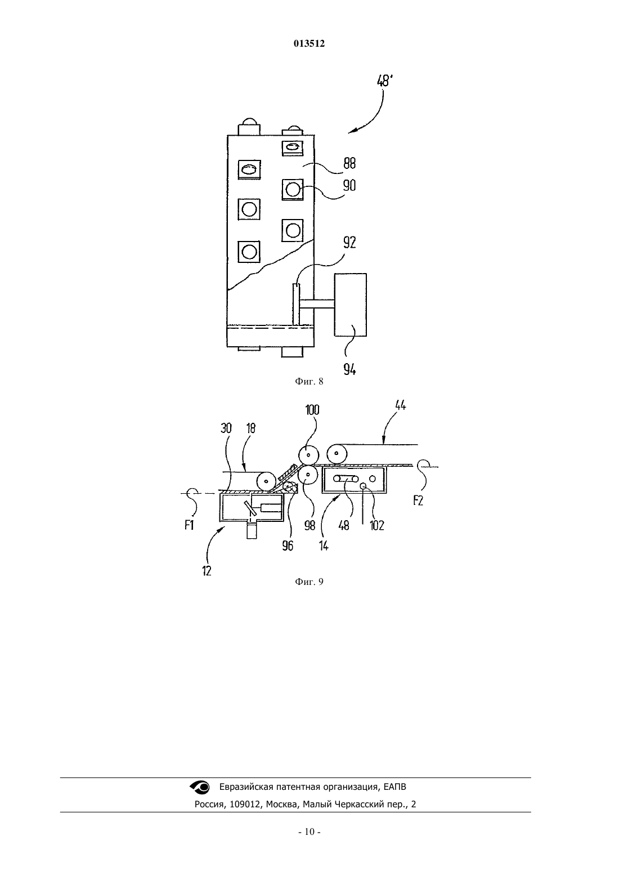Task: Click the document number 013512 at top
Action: [x=309, y=43]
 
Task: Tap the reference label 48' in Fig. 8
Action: [x=384, y=81]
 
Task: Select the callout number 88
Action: [x=349, y=163]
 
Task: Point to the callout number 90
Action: [x=349, y=185]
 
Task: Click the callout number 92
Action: [x=349, y=243]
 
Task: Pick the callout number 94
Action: [x=349, y=369]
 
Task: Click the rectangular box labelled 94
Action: [x=350, y=305]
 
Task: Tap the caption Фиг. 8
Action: [x=309, y=382]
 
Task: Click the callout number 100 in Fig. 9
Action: [x=312, y=409]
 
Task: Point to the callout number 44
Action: [x=401, y=405]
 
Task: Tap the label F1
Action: [x=189, y=525]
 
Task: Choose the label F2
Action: [x=418, y=500]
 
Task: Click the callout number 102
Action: [x=377, y=525]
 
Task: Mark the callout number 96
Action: [x=288, y=546]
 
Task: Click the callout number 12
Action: [x=207, y=571]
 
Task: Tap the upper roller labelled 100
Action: [x=309, y=455]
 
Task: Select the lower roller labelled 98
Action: [x=308, y=475]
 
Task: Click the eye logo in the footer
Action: [x=200, y=787]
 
